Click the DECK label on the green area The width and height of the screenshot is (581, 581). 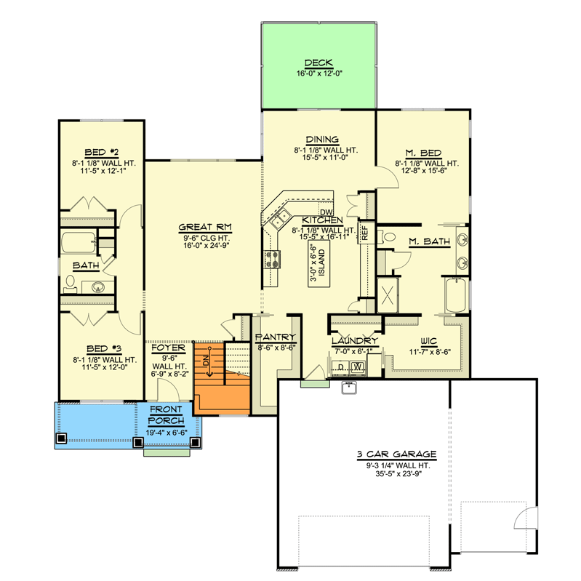(x=318, y=63)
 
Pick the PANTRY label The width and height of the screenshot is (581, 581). (x=276, y=337)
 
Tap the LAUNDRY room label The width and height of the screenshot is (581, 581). (x=355, y=340)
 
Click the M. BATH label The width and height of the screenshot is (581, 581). (x=428, y=241)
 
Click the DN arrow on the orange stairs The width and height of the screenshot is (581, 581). (x=209, y=361)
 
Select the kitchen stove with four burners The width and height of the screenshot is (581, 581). (x=273, y=260)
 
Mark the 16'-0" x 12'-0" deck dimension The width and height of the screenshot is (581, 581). (x=318, y=73)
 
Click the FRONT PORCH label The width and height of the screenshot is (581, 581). (x=167, y=416)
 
